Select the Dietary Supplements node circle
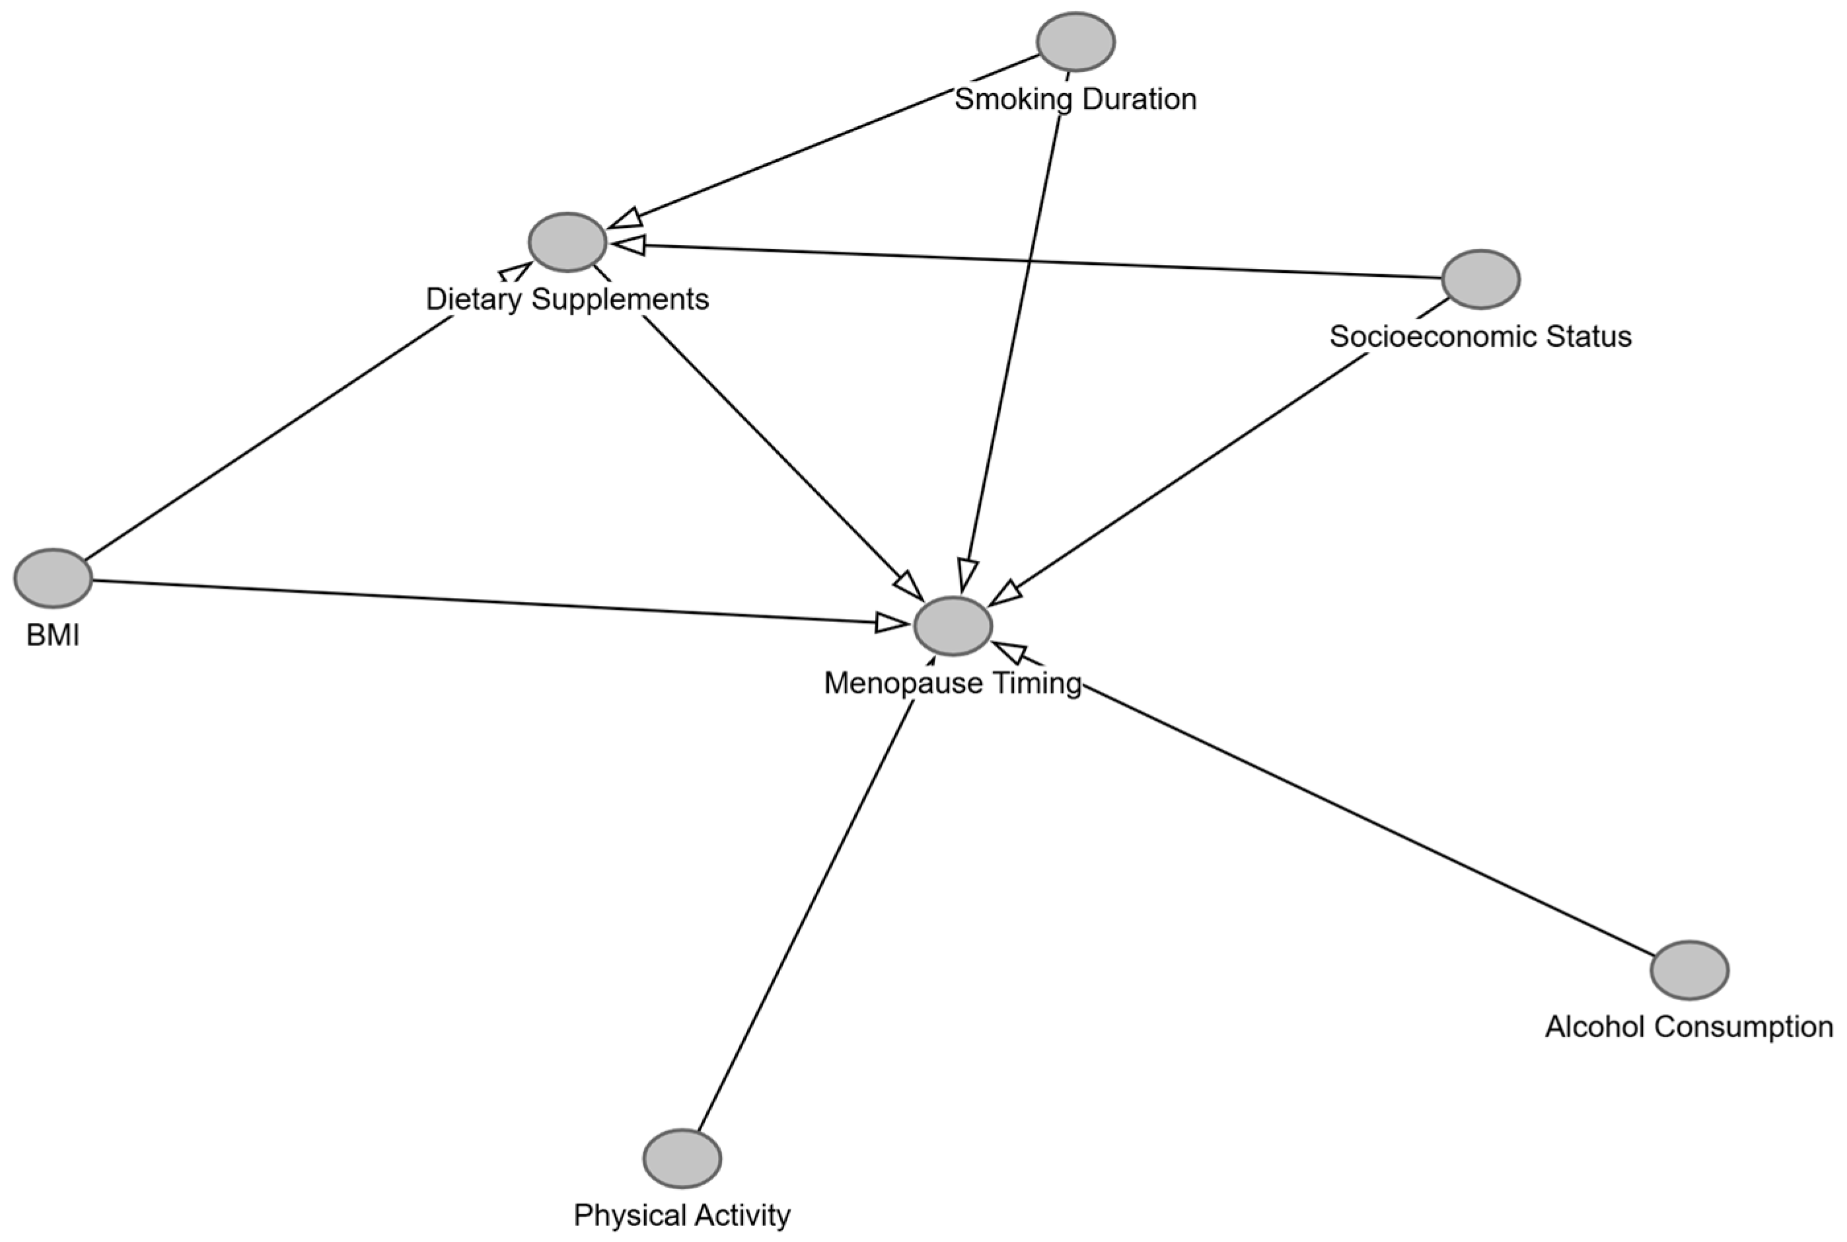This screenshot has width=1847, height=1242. (567, 242)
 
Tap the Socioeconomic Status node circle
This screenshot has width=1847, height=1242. (1480, 279)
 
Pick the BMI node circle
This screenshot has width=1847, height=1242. (53, 578)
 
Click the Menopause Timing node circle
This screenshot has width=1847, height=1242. (953, 626)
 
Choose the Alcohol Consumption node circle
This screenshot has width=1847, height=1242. (1689, 970)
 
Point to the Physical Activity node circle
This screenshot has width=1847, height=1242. (682, 1158)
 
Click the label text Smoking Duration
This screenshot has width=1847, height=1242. (1075, 99)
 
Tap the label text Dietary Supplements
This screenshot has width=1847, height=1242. (567, 299)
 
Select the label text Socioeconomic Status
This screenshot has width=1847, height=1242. (1480, 336)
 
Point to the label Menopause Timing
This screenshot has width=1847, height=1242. (953, 683)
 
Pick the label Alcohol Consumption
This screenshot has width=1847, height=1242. (1689, 1027)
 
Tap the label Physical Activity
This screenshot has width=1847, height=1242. (682, 1215)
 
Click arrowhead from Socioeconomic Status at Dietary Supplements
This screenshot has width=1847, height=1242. (628, 244)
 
